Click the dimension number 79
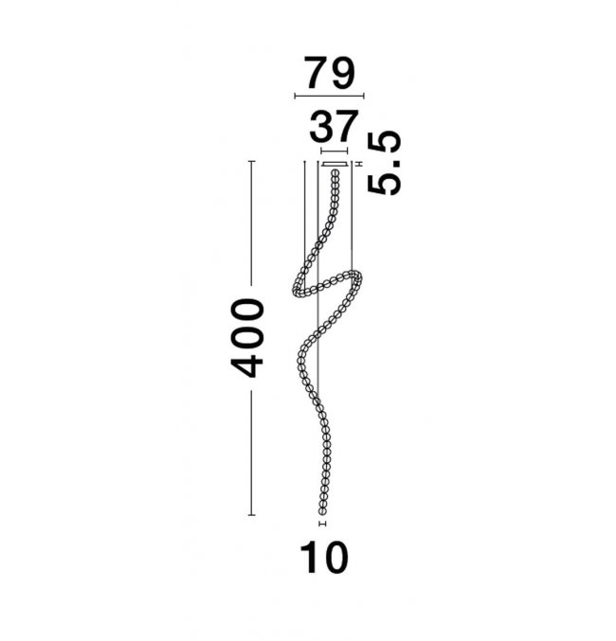click(x=330, y=73)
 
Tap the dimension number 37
click(x=334, y=126)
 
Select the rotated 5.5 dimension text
click(x=384, y=162)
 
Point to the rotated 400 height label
click(x=247, y=338)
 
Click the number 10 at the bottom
click(x=324, y=558)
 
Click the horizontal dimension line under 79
click(x=329, y=97)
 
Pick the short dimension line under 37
click(x=335, y=151)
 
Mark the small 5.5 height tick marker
click(x=360, y=164)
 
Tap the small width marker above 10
click(x=322, y=524)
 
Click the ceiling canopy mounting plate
click(x=335, y=165)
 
